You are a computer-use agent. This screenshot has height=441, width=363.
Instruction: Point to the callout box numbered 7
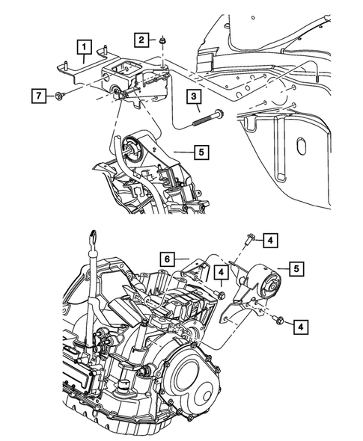click(x=36, y=95)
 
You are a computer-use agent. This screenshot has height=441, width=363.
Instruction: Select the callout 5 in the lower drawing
click(x=297, y=267)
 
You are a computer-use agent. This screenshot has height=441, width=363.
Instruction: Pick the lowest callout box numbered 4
click(x=301, y=326)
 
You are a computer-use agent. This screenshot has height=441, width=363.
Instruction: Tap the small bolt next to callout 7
click(x=59, y=96)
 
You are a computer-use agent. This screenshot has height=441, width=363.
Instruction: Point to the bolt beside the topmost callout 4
click(x=248, y=240)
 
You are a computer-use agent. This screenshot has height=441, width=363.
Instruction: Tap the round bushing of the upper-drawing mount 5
click(x=135, y=144)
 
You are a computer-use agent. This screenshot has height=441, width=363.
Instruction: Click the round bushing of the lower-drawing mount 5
click(x=269, y=282)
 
